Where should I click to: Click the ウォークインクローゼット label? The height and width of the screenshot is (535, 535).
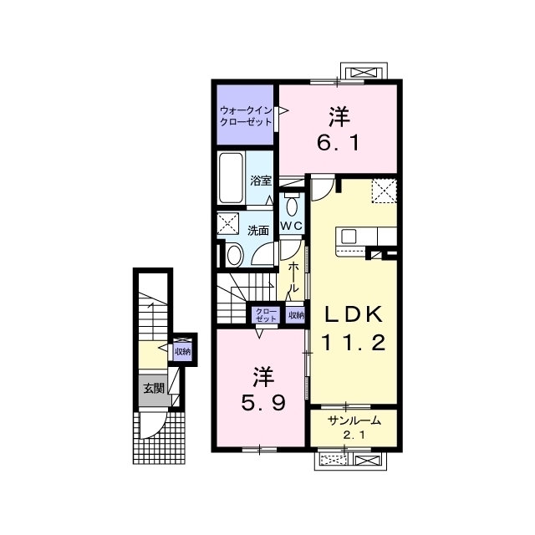click(246, 116)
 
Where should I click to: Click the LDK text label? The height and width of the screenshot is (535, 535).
click(354, 315)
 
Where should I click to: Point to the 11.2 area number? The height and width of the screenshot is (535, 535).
click(354, 343)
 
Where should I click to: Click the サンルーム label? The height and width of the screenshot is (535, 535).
click(354, 421)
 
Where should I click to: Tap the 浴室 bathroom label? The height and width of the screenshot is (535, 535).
click(261, 181)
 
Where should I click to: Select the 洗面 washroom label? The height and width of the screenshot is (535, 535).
click(258, 231)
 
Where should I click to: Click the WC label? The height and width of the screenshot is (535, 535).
click(292, 226)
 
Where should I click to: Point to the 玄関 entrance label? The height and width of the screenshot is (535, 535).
click(154, 388)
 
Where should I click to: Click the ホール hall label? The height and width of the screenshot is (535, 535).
click(293, 277)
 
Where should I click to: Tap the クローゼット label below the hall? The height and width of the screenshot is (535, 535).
click(266, 315)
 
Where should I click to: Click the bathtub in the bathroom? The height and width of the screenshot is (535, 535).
click(231, 178)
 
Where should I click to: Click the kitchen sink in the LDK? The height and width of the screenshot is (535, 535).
click(349, 236)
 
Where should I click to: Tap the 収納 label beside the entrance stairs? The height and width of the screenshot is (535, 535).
click(182, 351)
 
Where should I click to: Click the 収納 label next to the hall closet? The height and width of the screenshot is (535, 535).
click(296, 315)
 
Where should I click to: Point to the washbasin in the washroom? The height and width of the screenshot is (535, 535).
click(235, 255)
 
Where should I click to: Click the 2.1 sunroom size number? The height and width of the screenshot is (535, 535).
click(354, 436)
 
